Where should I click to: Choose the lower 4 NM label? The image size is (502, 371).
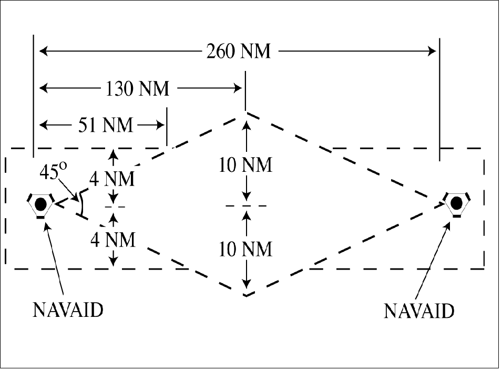(112, 240)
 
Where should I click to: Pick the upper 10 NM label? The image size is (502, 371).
(246, 166)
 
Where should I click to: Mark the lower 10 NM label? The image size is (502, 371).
(246, 249)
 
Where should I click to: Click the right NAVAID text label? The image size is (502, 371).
(418, 311)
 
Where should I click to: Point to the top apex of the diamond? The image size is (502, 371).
(245, 112)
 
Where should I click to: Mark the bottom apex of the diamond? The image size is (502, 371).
(245, 295)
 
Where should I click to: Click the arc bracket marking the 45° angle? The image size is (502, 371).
(81, 205)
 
